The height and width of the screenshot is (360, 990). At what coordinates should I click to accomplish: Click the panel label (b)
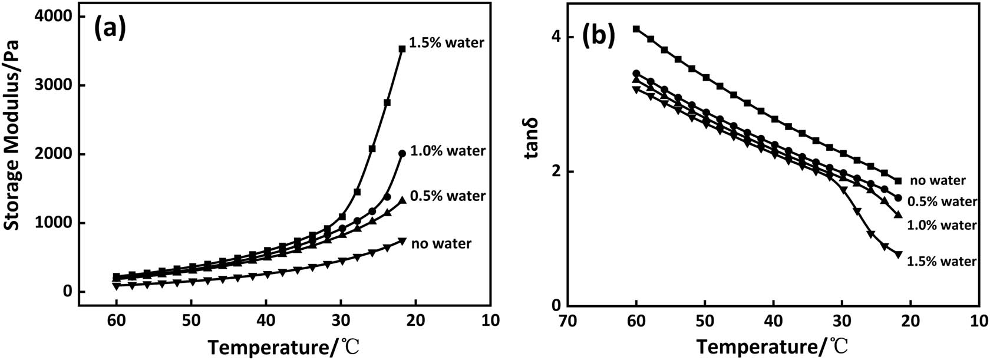[x=598, y=37]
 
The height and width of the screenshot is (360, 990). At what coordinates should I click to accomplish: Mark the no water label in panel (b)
[x=938, y=180]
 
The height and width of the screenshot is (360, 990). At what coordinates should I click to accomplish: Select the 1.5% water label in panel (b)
[x=942, y=261]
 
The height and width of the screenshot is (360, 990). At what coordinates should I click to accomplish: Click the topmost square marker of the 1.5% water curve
[x=402, y=49]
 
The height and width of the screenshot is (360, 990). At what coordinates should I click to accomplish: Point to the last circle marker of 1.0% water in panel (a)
[x=402, y=153]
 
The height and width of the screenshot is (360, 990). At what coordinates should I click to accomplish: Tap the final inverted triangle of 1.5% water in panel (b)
[x=898, y=255]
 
